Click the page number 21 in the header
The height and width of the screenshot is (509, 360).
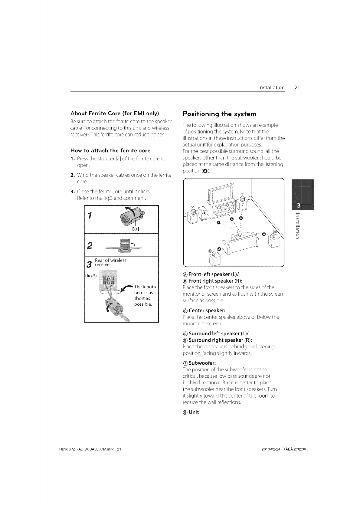click(x=297, y=88)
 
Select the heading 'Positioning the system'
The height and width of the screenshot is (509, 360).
click(x=220, y=114)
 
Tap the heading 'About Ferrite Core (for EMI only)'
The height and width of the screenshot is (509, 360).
click(x=115, y=113)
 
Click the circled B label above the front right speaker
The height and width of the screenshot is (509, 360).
click(x=242, y=195)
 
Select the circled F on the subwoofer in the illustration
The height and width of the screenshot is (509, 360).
click(x=204, y=213)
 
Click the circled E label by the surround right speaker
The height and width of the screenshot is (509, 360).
click(x=274, y=232)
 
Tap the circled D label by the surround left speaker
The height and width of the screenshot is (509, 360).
click(x=210, y=251)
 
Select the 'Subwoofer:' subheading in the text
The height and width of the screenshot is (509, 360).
click(x=201, y=363)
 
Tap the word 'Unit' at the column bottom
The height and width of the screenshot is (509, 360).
click(x=194, y=412)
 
